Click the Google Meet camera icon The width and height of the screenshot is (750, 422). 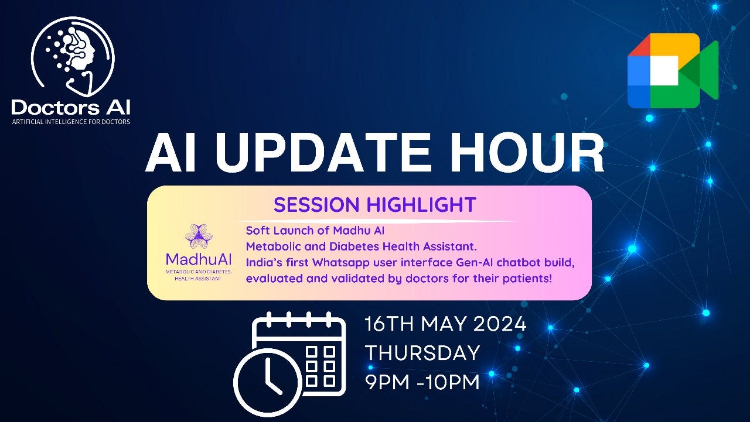coord(673,71)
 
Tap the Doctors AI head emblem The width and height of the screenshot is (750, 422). coord(73,57)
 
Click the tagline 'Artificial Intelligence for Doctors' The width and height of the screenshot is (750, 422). coord(71,122)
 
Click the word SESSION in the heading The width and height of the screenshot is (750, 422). coord(316,205)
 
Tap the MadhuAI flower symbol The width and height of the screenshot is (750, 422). coord(199,236)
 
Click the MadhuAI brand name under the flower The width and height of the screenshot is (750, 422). coord(199,259)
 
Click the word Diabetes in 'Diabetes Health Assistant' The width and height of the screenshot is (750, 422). coord(354,246)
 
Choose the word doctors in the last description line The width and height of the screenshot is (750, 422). coord(425,278)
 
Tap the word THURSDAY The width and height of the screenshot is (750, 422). coord(422,353)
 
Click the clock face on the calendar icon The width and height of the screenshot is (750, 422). coord(268,382)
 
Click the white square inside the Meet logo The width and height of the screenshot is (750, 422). coord(664,71)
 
